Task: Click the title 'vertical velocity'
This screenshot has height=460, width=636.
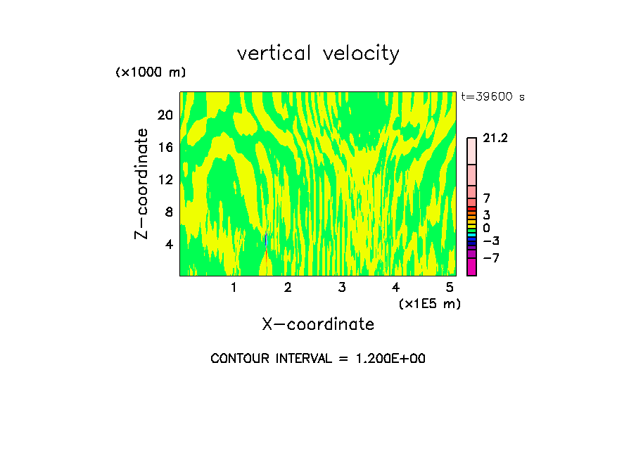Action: click(x=318, y=53)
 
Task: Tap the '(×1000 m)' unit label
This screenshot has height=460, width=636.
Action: click(x=150, y=72)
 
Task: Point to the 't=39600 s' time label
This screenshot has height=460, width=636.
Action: click(x=492, y=97)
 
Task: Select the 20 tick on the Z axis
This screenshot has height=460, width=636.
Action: click(x=165, y=115)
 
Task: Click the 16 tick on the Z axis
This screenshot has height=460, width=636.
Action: click(x=165, y=147)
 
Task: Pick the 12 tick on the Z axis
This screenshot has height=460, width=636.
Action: click(x=165, y=179)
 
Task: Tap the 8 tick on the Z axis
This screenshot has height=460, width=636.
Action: click(x=168, y=212)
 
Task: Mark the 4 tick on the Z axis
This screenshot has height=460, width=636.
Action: click(x=168, y=244)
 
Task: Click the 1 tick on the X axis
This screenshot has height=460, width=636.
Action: click(x=234, y=287)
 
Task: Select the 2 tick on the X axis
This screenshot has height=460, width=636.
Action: click(x=288, y=287)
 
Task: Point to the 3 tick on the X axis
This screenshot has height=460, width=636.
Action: click(x=341, y=287)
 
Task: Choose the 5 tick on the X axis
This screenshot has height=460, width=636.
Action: click(x=450, y=287)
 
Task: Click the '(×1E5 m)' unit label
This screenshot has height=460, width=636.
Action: click(x=429, y=303)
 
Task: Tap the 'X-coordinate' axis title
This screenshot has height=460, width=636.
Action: click(x=318, y=324)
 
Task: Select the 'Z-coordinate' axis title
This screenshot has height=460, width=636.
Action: click(x=142, y=184)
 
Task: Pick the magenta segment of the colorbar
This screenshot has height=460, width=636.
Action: click(x=471, y=267)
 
